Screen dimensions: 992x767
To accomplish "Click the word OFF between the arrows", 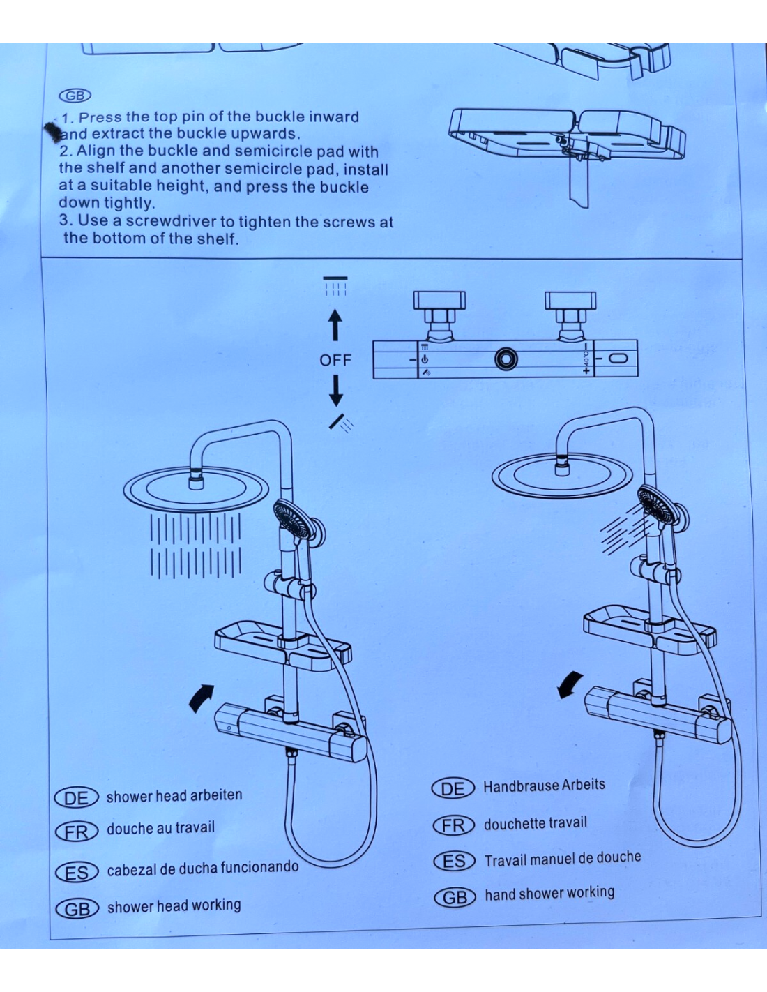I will tap(335, 360).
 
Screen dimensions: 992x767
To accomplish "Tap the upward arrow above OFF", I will tap(335, 326).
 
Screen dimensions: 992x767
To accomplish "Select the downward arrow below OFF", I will tap(335, 391).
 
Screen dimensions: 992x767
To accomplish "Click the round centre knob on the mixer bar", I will tap(506, 359).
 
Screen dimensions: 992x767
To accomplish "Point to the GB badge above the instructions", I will tap(75, 96).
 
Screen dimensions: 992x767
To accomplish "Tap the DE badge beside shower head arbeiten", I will tap(76, 798).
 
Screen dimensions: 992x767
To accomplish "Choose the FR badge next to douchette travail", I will tap(453, 825).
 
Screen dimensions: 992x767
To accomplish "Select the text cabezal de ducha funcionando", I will tap(202, 869).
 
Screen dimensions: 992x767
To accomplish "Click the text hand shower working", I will tap(549, 894).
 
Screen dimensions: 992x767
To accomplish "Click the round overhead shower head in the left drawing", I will tap(195, 488).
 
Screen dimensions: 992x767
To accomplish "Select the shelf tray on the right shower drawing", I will tap(648, 628).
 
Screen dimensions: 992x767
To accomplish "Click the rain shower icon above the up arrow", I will tap(335, 285).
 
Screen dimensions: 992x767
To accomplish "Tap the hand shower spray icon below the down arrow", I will tap(342, 423).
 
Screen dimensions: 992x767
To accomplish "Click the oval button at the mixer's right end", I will tap(618, 359).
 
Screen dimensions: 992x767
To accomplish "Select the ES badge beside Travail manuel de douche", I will tap(454, 862).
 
